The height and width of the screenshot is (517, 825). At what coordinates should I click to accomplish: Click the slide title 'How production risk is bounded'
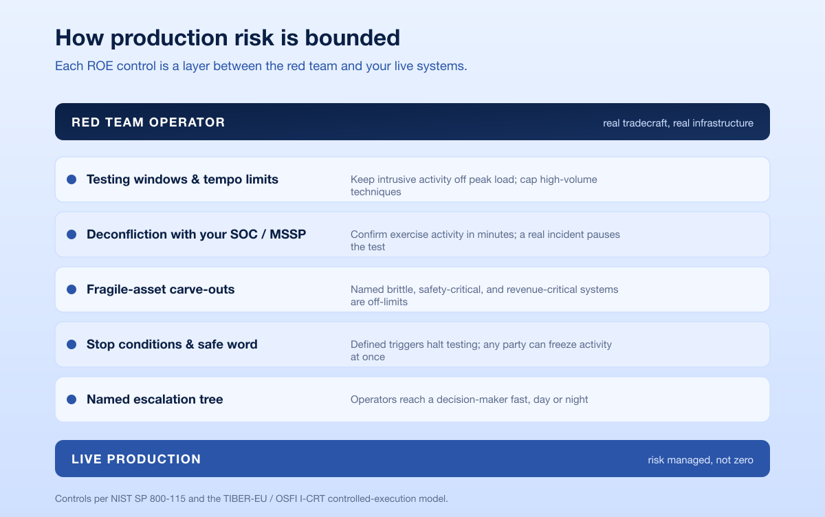(228, 38)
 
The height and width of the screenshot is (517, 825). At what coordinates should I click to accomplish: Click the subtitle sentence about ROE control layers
(261, 66)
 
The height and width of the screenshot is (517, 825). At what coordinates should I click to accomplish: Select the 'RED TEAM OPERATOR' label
(148, 122)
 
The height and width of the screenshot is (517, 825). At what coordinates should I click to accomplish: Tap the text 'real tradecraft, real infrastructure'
(678, 123)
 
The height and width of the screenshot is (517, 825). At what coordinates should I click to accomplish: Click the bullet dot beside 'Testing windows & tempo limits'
(71, 179)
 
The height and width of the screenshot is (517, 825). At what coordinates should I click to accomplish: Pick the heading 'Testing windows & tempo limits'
(182, 179)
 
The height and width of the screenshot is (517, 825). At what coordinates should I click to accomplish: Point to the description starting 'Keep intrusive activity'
(474, 186)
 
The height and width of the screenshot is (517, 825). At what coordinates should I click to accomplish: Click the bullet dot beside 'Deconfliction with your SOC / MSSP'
(71, 234)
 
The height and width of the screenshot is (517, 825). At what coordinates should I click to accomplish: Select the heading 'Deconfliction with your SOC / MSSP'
(197, 234)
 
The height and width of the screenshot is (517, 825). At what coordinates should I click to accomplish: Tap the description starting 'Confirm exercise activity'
(485, 241)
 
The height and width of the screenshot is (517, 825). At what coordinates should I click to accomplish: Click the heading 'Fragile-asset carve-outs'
(161, 289)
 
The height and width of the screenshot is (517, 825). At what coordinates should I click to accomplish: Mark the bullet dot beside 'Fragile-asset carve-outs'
(71, 289)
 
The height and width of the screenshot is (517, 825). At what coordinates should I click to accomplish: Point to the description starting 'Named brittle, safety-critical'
(484, 296)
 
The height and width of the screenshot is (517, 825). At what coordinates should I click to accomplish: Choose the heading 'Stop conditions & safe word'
(172, 344)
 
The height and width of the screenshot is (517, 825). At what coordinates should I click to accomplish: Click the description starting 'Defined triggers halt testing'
(481, 351)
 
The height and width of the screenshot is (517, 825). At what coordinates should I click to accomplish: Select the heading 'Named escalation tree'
(155, 399)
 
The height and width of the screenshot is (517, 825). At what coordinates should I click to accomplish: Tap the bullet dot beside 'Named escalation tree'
(71, 399)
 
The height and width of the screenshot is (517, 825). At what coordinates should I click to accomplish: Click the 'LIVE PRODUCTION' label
(136, 459)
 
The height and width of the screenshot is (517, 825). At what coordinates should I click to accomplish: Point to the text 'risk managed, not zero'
(701, 460)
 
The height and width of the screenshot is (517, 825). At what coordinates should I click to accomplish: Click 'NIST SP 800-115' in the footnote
(148, 498)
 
